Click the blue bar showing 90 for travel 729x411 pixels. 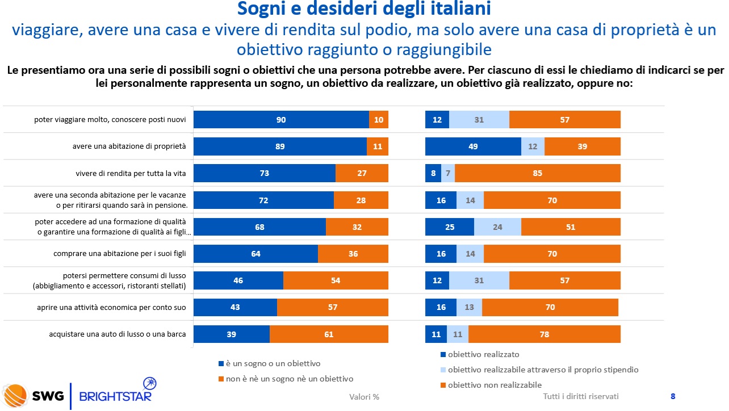click(x=281, y=120)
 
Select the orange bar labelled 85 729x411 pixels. click(x=537, y=173)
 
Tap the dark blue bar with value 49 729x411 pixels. click(x=473, y=146)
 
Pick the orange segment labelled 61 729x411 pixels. click(x=329, y=334)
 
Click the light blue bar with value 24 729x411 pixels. click(x=497, y=227)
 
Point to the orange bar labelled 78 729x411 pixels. click(x=544, y=334)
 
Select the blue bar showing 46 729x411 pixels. click(x=238, y=280)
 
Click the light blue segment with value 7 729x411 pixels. click(x=448, y=173)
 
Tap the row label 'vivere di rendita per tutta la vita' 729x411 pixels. click(x=131, y=173)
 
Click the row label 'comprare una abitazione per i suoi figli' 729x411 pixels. click(x=120, y=254)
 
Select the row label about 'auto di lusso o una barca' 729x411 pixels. click(x=118, y=334)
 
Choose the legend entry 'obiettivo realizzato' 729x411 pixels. click(x=483, y=354)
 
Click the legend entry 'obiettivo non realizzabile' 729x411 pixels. click(x=495, y=385)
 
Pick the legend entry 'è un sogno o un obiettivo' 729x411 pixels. click(x=273, y=363)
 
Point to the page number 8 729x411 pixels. click(x=673, y=396)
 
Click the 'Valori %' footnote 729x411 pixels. click(x=364, y=397)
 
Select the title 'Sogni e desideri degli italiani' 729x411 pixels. click(x=364, y=9)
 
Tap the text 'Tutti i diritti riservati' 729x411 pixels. click(x=580, y=396)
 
